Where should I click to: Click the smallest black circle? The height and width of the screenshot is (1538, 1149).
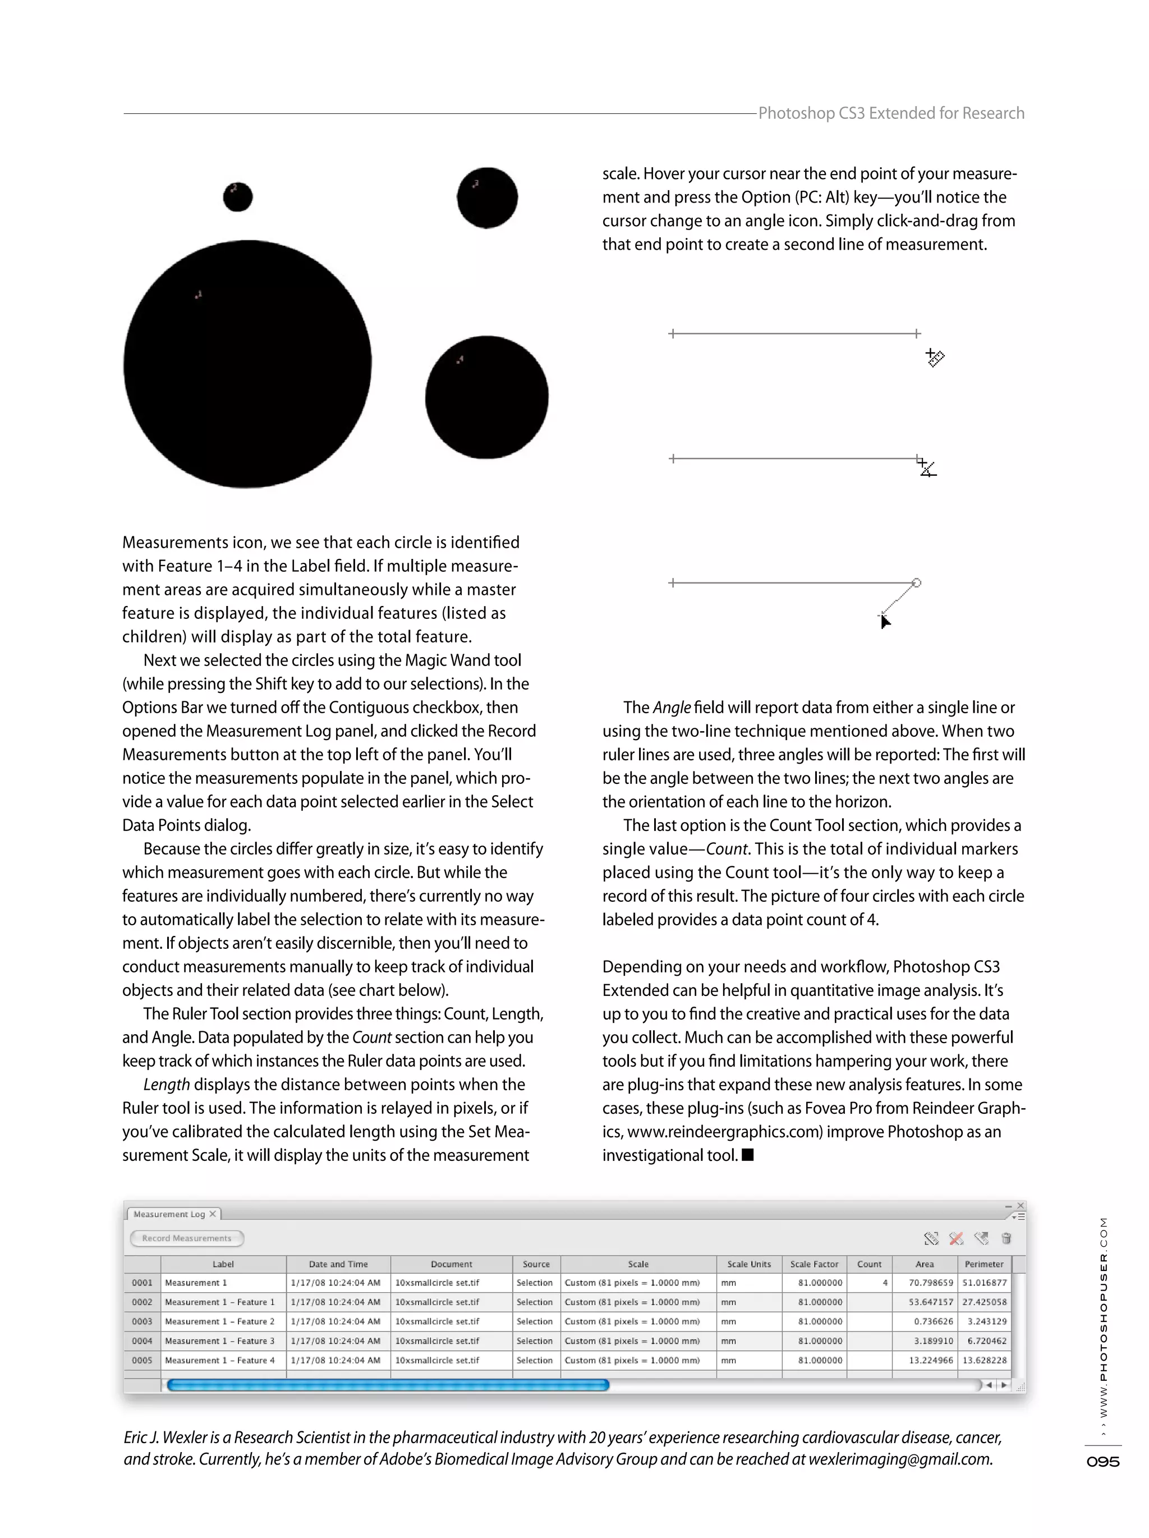pos(238,197)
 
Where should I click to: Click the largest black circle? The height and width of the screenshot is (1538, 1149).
pos(247,364)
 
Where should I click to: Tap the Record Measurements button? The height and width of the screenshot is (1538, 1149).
pos(186,1238)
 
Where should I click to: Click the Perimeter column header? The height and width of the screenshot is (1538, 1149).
pos(983,1264)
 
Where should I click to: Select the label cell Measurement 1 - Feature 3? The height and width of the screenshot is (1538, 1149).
pos(220,1340)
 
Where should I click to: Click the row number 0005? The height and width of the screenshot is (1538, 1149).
pos(142,1360)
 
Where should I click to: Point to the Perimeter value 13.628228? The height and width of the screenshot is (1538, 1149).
pos(984,1360)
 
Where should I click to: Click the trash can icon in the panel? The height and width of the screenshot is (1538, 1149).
pos(1006,1238)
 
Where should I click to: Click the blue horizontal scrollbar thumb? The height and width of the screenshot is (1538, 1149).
pos(388,1385)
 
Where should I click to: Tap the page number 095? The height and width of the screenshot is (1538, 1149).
pos(1102,1462)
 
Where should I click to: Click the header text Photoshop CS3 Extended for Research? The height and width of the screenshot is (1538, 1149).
pos(890,113)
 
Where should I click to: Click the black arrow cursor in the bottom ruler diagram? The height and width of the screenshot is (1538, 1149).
pos(884,622)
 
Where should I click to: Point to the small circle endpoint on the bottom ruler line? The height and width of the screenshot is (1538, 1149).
pos(916,582)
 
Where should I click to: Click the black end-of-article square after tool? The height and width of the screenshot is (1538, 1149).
pos(748,1155)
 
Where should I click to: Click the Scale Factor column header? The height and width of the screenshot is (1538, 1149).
pos(814,1264)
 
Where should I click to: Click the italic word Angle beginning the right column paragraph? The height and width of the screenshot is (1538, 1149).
pos(672,708)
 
